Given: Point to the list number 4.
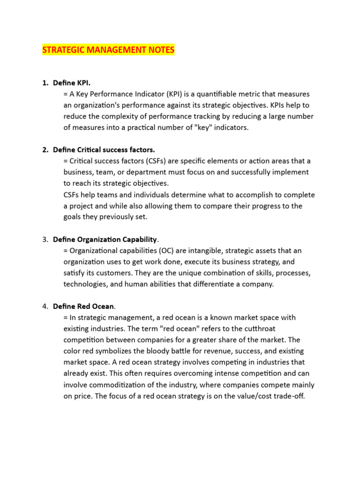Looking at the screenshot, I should [45, 307].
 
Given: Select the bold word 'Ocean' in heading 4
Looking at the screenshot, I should [103, 307].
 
